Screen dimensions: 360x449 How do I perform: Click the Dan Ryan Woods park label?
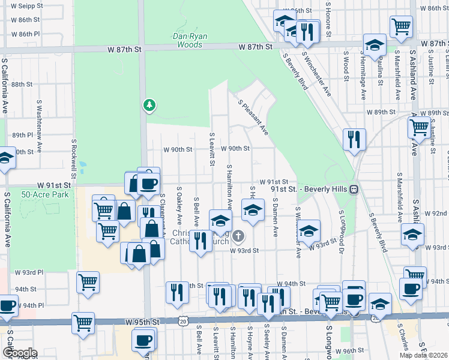[x=190, y=40]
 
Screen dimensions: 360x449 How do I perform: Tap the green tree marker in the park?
[x=149, y=105]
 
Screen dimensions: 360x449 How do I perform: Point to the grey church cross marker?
[x=238, y=235]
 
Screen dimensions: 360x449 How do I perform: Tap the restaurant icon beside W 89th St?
[x=354, y=139]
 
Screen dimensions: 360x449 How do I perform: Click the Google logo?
[x=20, y=353]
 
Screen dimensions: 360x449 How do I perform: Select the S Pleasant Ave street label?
[x=253, y=118]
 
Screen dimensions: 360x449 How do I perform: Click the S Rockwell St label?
[x=74, y=161]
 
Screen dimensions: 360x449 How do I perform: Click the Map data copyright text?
[x=423, y=355]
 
